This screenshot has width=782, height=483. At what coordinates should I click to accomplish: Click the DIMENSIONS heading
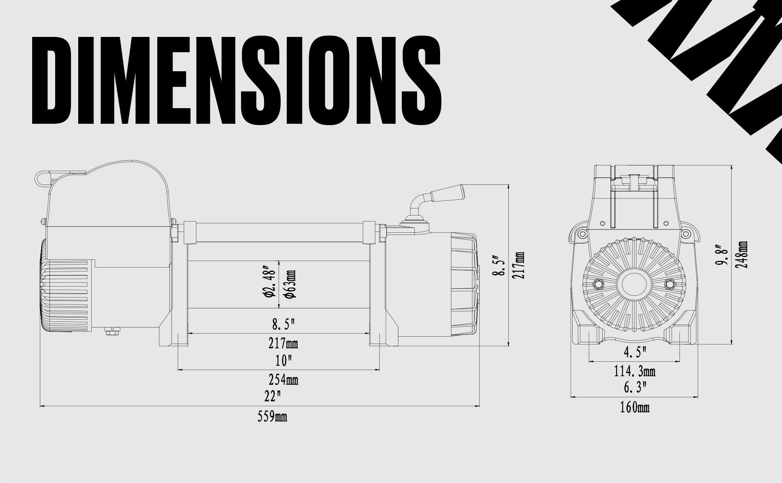(237, 80)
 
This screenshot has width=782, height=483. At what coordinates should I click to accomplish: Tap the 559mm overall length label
(272, 417)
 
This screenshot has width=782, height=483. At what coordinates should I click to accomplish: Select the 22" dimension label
(272, 396)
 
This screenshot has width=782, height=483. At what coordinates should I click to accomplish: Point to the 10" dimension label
(283, 361)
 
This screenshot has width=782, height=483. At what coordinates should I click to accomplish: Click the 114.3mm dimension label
(635, 371)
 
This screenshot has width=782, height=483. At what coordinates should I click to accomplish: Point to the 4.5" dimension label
(635, 352)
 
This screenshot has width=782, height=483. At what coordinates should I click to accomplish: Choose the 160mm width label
(635, 407)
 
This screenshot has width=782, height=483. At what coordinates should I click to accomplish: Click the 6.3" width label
(635, 387)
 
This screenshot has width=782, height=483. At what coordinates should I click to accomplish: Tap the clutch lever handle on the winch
(447, 193)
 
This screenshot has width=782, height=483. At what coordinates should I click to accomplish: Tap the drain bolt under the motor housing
(111, 333)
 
